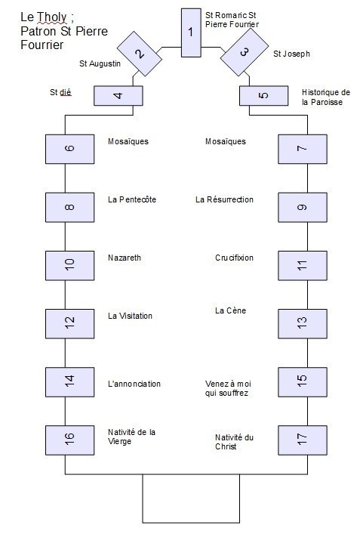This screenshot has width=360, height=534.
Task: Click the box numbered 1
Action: [x=191, y=32]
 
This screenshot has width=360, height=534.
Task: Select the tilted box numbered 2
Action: [x=140, y=54]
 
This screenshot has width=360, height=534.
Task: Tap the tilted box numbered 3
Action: [x=245, y=52]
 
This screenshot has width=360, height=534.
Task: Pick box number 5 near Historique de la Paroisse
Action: [x=263, y=96]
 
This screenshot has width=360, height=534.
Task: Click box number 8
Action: [x=69, y=208]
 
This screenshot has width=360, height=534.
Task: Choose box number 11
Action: [x=303, y=266]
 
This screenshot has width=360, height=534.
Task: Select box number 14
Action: [x=69, y=382]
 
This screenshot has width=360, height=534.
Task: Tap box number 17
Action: [x=303, y=440]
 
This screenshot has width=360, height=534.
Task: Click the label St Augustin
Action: [x=100, y=63]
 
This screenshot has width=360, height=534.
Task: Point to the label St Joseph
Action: [x=291, y=54]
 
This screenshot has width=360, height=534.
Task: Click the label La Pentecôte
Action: [x=132, y=199]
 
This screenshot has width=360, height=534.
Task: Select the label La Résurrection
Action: [x=224, y=199]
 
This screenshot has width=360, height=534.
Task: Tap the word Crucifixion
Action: [x=234, y=258]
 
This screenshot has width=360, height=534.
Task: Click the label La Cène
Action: [x=230, y=310]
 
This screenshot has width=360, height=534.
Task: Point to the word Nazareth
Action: [x=125, y=258]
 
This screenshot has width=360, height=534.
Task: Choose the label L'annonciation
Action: [x=134, y=384]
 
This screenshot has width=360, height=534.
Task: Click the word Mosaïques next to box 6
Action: [x=128, y=141]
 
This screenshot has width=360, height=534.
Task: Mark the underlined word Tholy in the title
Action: [x=52, y=17]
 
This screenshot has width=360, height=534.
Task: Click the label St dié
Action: [x=60, y=92]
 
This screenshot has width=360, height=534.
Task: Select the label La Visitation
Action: [x=130, y=316]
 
